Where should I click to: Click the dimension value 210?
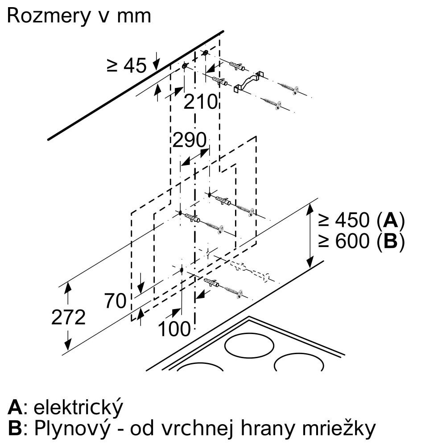[x=200, y=102]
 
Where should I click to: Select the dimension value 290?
[x=190, y=141]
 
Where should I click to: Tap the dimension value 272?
[x=68, y=318]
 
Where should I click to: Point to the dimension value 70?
[x=115, y=301]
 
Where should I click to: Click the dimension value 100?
[x=174, y=329]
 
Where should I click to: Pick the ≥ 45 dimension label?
[x=127, y=66]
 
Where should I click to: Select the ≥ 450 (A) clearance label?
[x=361, y=220]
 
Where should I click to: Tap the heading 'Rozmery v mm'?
[x=79, y=16]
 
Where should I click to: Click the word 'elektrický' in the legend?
[x=78, y=407]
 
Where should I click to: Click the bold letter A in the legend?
[x=15, y=407]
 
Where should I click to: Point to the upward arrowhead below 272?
[x=68, y=345]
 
